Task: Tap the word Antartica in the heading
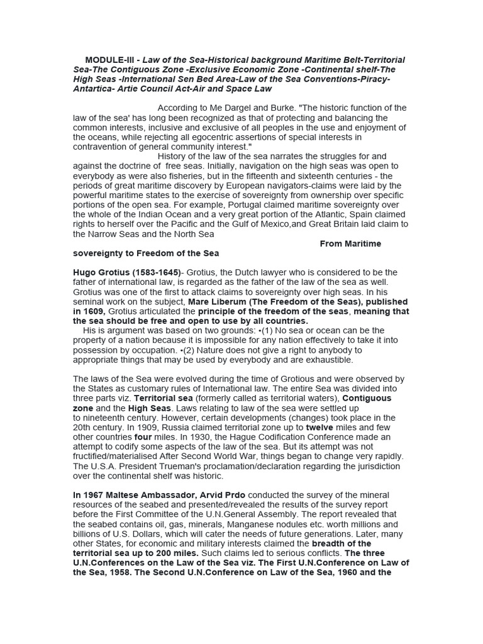pos(94,89)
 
